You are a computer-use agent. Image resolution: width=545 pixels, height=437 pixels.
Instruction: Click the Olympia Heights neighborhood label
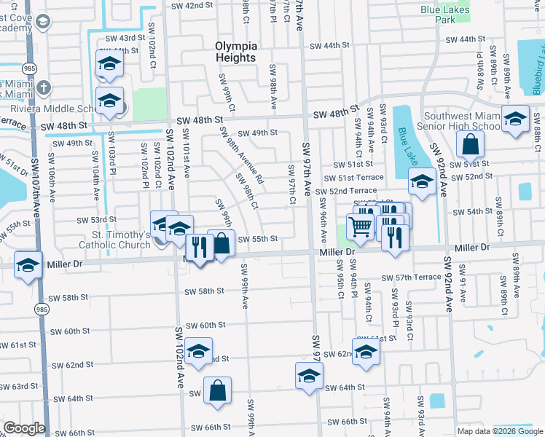pyautogui.click(x=235, y=52)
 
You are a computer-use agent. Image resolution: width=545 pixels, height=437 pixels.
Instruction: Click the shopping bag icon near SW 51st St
pyautogui.click(x=471, y=145)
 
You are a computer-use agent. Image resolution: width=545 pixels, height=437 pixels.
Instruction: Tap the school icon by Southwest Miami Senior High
pyautogui.click(x=515, y=119)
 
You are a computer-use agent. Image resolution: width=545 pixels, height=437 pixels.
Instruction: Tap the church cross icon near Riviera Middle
pyautogui.click(x=44, y=88)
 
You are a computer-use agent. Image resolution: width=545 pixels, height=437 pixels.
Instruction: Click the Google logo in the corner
pyautogui.click(x=24, y=428)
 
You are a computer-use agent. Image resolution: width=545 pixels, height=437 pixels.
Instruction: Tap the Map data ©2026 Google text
pyautogui.click(x=500, y=430)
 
